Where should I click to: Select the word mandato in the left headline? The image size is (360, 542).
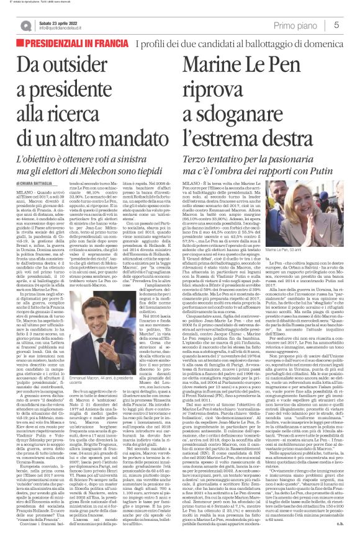pos(134,156)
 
